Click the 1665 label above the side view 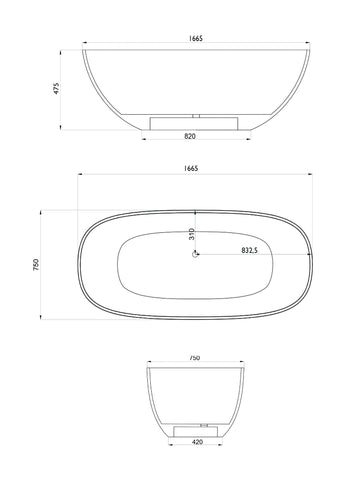pyautogui.click(x=196, y=38)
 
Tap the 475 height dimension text pyautogui.click(x=56, y=88)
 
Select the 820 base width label pyautogui.click(x=190, y=136)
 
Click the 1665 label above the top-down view pyautogui.click(x=191, y=168)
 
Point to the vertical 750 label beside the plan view pyautogui.click(x=36, y=264)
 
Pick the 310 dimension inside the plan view pyautogui.click(x=191, y=234)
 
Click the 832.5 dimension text pyautogui.click(x=250, y=250)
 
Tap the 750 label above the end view pyautogui.click(x=194, y=358)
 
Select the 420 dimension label pyautogui.click(x=197, y=442)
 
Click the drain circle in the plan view pyautogui.click(x=195, y=254)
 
